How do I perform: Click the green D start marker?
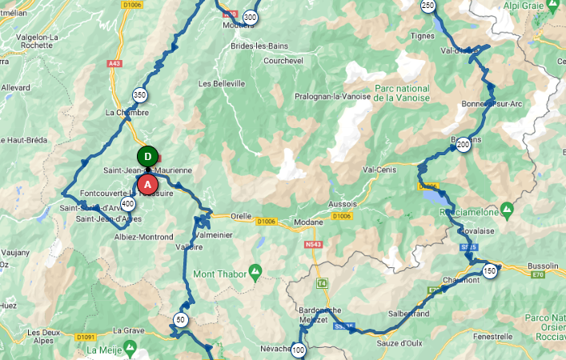[147, 156]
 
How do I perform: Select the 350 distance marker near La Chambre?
[140, 94]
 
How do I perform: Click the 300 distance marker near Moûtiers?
[250, 18]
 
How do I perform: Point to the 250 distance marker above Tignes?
[428, 6]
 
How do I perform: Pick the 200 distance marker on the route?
[463, 156]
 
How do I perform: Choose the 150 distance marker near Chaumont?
[490, 271]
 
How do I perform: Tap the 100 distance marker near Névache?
[299, 350]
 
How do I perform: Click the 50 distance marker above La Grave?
[180, 320]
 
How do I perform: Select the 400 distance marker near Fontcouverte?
[128, 204]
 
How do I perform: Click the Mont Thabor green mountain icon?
[255, 272]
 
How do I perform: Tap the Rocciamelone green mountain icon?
[506, 210]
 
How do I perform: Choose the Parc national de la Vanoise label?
[401, 93]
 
